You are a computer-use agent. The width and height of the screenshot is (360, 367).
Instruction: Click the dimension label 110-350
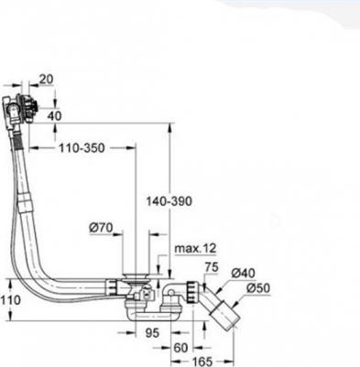pos(82,148)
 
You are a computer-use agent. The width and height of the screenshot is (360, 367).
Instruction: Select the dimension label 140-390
pos(169,201)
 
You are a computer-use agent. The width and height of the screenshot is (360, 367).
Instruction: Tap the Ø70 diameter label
pos(101,228)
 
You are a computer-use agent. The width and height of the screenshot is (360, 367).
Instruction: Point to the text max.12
pos(195,249)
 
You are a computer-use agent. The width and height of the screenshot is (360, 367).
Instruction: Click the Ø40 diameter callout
pos(244,273)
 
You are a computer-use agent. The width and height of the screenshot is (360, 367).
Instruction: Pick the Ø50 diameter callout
pos(258,288)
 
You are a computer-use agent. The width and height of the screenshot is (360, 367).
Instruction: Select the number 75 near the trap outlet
pos(212,267)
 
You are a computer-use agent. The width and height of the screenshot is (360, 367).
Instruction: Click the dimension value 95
pos(152,332)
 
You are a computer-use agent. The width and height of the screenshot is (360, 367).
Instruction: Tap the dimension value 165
pos(202,362)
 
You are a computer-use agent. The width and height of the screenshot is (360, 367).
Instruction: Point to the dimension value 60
pos(180,348)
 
